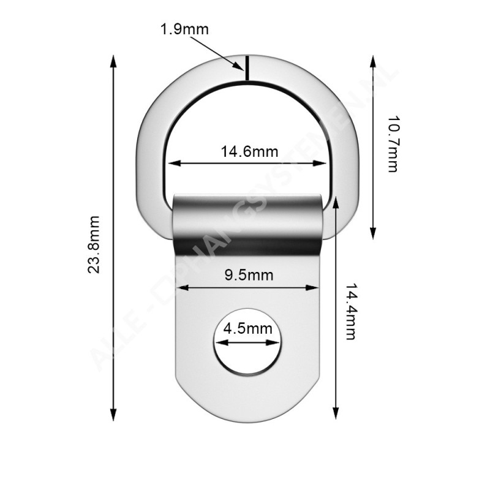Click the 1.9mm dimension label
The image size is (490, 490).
pos(184,29)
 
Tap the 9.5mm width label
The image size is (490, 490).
pos(248,275)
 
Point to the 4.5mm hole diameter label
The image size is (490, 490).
pos(247,328)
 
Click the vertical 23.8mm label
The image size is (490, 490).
pos(94,244)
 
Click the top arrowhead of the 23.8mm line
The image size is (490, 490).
pos(113,62)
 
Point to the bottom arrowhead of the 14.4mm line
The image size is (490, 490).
pos(336,415)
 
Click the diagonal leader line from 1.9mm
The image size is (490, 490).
pos(214,51)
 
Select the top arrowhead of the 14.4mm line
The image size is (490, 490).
pos(336,203)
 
